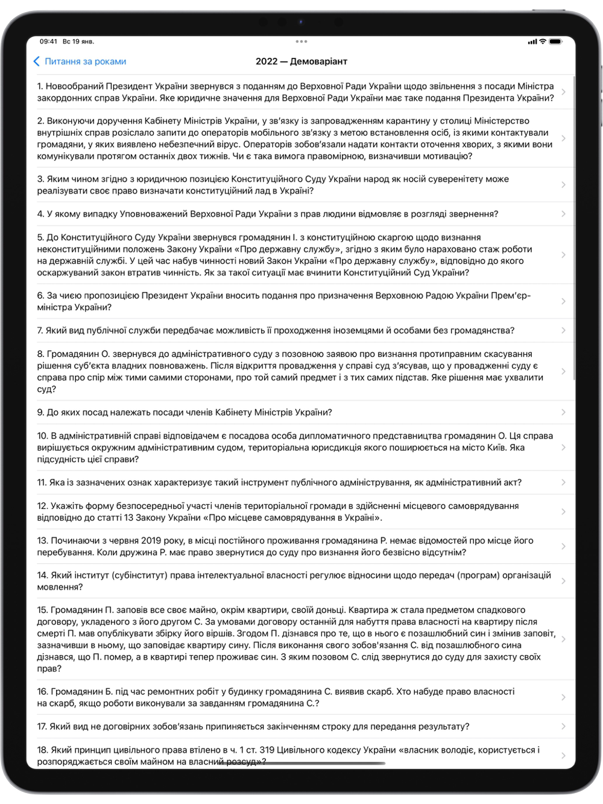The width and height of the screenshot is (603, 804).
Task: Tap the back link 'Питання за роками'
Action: (85, 62)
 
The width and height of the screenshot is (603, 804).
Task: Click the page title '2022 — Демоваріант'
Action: (301, 62)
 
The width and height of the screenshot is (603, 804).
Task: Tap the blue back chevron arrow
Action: (36, 62)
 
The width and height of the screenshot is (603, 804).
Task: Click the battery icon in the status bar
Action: (555, 42)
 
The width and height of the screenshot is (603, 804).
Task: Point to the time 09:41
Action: (48, 42)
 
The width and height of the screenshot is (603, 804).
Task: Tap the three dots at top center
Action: (301, 42)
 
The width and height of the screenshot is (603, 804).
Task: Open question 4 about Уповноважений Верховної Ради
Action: (267, 214)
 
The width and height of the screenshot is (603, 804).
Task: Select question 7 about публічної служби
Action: (276, 331)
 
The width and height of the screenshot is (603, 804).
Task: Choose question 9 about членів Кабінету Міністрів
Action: (185, 413)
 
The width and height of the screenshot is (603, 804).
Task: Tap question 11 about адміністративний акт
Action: (279, 483)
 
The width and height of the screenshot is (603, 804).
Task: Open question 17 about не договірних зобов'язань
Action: (253, 727)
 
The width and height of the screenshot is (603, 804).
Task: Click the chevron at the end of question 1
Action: (563, 92)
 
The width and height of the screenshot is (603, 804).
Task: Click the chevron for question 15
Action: (563, 639)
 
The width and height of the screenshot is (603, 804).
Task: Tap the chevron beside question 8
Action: (563, 372)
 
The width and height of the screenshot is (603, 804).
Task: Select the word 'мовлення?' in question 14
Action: (60, 587)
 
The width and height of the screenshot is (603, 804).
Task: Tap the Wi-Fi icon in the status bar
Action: (543, 42)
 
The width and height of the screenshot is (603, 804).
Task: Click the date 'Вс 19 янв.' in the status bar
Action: (78, 42)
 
